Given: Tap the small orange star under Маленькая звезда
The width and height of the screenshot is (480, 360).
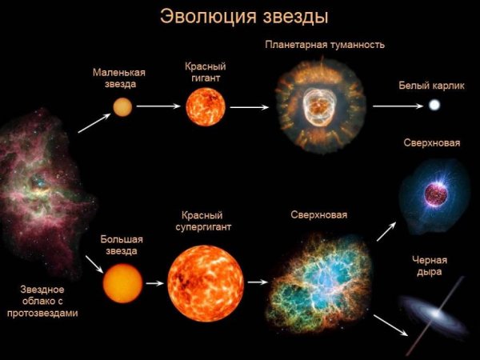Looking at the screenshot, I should (x=122, y=106).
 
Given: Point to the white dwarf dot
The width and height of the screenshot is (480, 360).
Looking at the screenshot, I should (x=434, y=106).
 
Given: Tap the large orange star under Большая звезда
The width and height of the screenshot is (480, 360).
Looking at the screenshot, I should (x=122, y=282).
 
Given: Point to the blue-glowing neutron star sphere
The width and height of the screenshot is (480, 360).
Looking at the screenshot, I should (x=436, y=193).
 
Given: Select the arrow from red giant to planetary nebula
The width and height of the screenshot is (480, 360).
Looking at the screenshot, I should (x=248, y=106).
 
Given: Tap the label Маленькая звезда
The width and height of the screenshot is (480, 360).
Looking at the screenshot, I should (x=118, y=78).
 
